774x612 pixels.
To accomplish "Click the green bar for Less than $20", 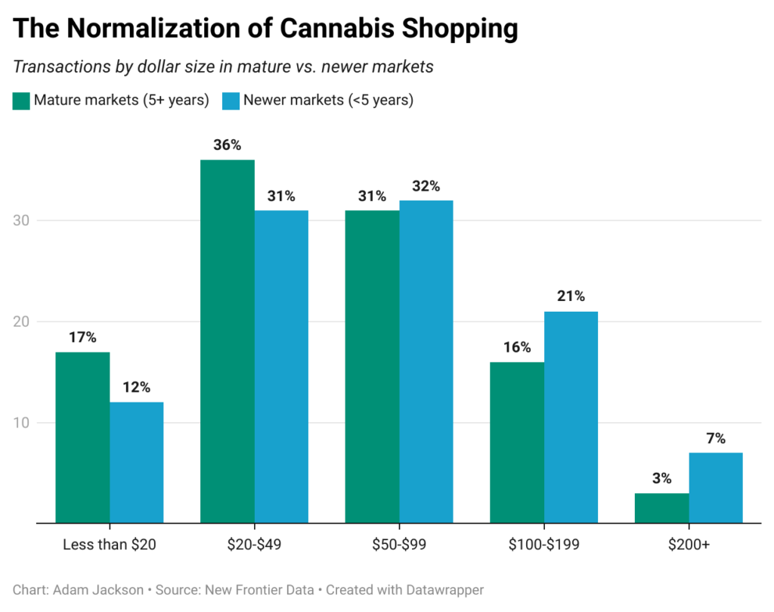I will click(82, 437).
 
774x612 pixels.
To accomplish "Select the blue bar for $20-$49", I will click(281, 366).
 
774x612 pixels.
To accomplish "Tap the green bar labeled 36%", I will click(227, 341).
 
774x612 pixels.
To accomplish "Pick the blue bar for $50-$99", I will click(426, 362).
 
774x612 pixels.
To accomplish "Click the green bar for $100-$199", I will click(517, 443).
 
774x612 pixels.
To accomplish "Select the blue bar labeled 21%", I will click(571, 417).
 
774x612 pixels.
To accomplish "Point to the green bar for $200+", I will click(661, 508).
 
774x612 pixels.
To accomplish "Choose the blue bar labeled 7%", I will click(715, 488).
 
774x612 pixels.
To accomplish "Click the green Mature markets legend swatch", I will click(21, 101).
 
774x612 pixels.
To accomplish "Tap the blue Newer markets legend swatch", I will click(230, 101).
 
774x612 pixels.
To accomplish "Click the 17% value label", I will click(82, 337).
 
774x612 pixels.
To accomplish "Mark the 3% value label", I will click(661, 479).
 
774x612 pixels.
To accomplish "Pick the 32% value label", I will click(426, 186).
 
